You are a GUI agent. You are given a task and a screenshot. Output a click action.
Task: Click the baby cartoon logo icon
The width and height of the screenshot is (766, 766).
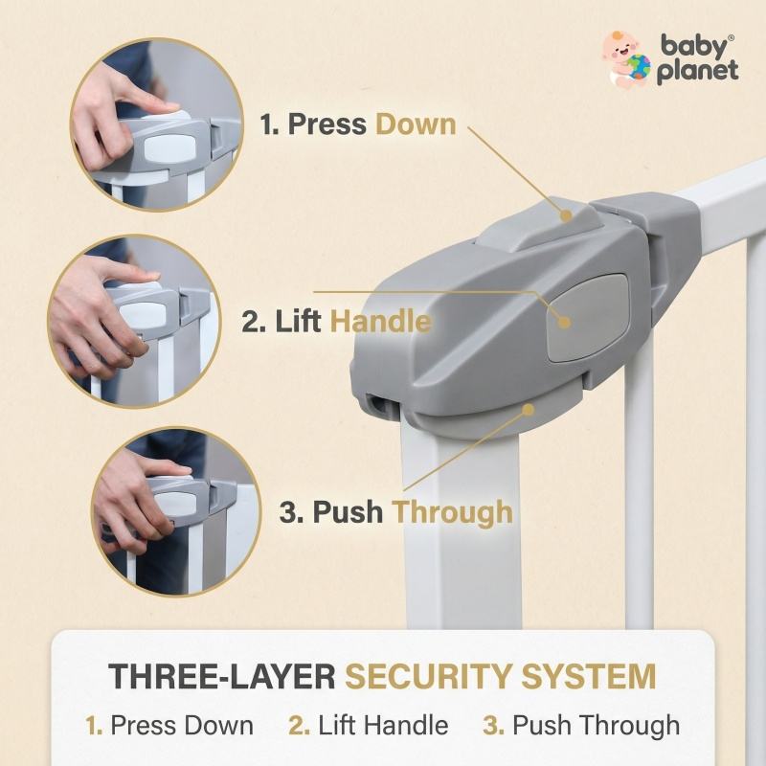[x=626, y=60]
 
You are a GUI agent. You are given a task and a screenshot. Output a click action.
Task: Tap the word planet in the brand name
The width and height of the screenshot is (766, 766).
[x=697, y=71]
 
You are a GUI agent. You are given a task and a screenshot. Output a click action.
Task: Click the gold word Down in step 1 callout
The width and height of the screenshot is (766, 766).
[x=416, y=124]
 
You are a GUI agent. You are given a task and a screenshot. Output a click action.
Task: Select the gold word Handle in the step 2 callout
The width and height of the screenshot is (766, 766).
[x=381, y=321]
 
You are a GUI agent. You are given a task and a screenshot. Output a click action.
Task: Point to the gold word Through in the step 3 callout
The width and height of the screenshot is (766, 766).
[x=453, y=512]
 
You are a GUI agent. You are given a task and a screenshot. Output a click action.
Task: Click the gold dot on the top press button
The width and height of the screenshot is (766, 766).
[x=566, y=215]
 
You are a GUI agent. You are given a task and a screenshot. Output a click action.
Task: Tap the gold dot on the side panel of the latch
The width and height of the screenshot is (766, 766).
[x=564, y=322]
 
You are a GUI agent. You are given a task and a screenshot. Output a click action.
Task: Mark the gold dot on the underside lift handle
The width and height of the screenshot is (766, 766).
[x=529, y=410]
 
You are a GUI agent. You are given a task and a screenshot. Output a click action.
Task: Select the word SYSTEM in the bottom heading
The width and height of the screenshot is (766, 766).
[x=588, y=677]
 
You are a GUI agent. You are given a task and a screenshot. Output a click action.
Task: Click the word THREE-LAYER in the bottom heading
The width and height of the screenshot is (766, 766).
[x=222, y=677]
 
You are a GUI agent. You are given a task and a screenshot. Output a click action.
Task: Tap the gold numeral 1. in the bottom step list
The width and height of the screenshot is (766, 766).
[x=94, y=725]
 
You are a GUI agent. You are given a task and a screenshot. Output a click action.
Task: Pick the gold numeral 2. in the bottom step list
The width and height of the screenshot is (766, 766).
[x=299, y=725]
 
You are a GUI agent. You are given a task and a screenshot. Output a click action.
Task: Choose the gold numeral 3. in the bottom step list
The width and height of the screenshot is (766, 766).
[x=493, y=725]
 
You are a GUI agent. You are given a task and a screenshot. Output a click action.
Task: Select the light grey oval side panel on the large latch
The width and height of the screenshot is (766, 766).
[x=588, y=318]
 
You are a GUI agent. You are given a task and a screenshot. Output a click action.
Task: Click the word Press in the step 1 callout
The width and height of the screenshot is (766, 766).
[x=327, y=124]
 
